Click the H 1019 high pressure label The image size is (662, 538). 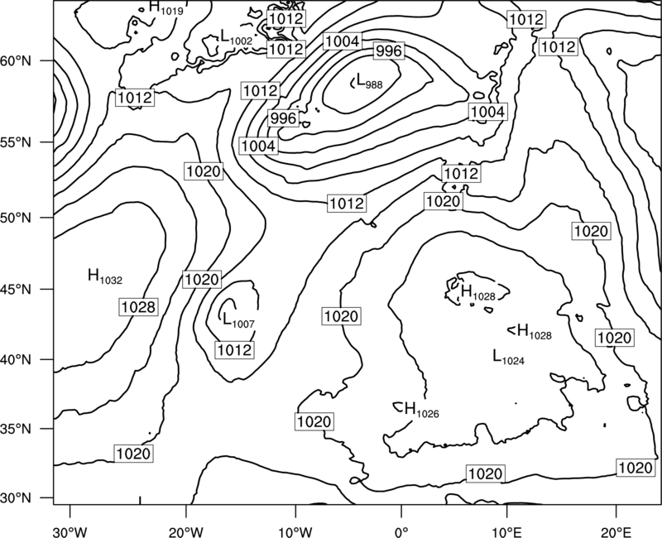click(166, 8)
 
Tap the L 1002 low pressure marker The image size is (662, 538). click(237, 37)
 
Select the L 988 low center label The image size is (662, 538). click(369, 80)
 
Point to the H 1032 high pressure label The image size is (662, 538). click(105, 276)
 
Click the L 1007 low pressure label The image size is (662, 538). click(238, 319)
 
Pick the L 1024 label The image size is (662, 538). click(509, 357)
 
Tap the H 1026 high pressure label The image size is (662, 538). click(422, 410)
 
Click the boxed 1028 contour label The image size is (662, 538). click(138, 307)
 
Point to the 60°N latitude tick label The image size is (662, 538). click(16, 61)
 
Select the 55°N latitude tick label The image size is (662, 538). click(16, 142)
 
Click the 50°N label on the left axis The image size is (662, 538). click(16, 218)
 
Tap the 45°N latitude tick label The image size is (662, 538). click(16, 289)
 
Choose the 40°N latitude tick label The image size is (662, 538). click(16, 360)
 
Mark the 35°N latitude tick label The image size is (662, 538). click(16, 429)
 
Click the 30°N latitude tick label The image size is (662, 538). click(16, 498)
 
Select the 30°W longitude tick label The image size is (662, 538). click(70, 532)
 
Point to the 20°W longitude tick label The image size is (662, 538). click(185, 532)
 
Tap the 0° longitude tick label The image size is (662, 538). click(401, 532)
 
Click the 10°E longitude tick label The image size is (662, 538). click(506, 532)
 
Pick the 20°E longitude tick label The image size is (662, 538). click(616, 532)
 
